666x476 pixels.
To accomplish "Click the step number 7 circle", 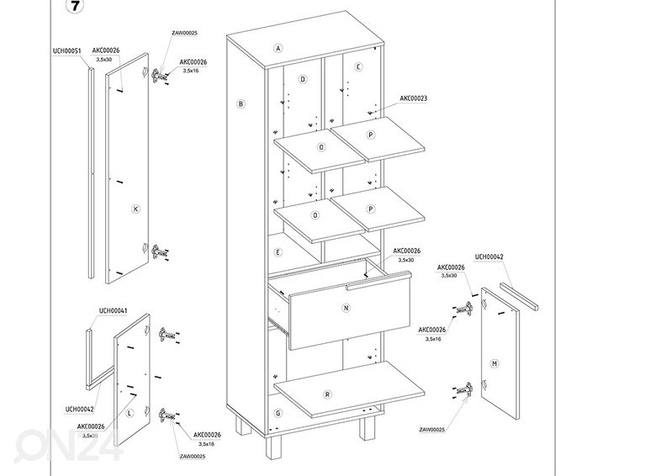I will [76, 8].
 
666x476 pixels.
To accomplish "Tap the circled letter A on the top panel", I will [277, 48].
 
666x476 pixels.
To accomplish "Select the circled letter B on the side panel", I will [240, 104].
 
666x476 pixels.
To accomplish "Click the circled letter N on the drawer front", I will [345, 309].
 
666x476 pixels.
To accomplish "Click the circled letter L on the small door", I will [129, 414].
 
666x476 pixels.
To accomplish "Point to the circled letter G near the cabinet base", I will [277, 413].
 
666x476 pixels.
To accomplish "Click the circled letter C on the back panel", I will [358, 66].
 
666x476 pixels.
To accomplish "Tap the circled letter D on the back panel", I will [302, 79].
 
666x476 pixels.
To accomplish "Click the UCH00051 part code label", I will [66, 50].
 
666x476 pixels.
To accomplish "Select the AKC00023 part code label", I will [413, 98].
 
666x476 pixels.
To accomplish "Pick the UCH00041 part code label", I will [113, 311].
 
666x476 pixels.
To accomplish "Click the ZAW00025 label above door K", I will [184, 33].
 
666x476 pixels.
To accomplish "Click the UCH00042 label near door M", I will [489, 257].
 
